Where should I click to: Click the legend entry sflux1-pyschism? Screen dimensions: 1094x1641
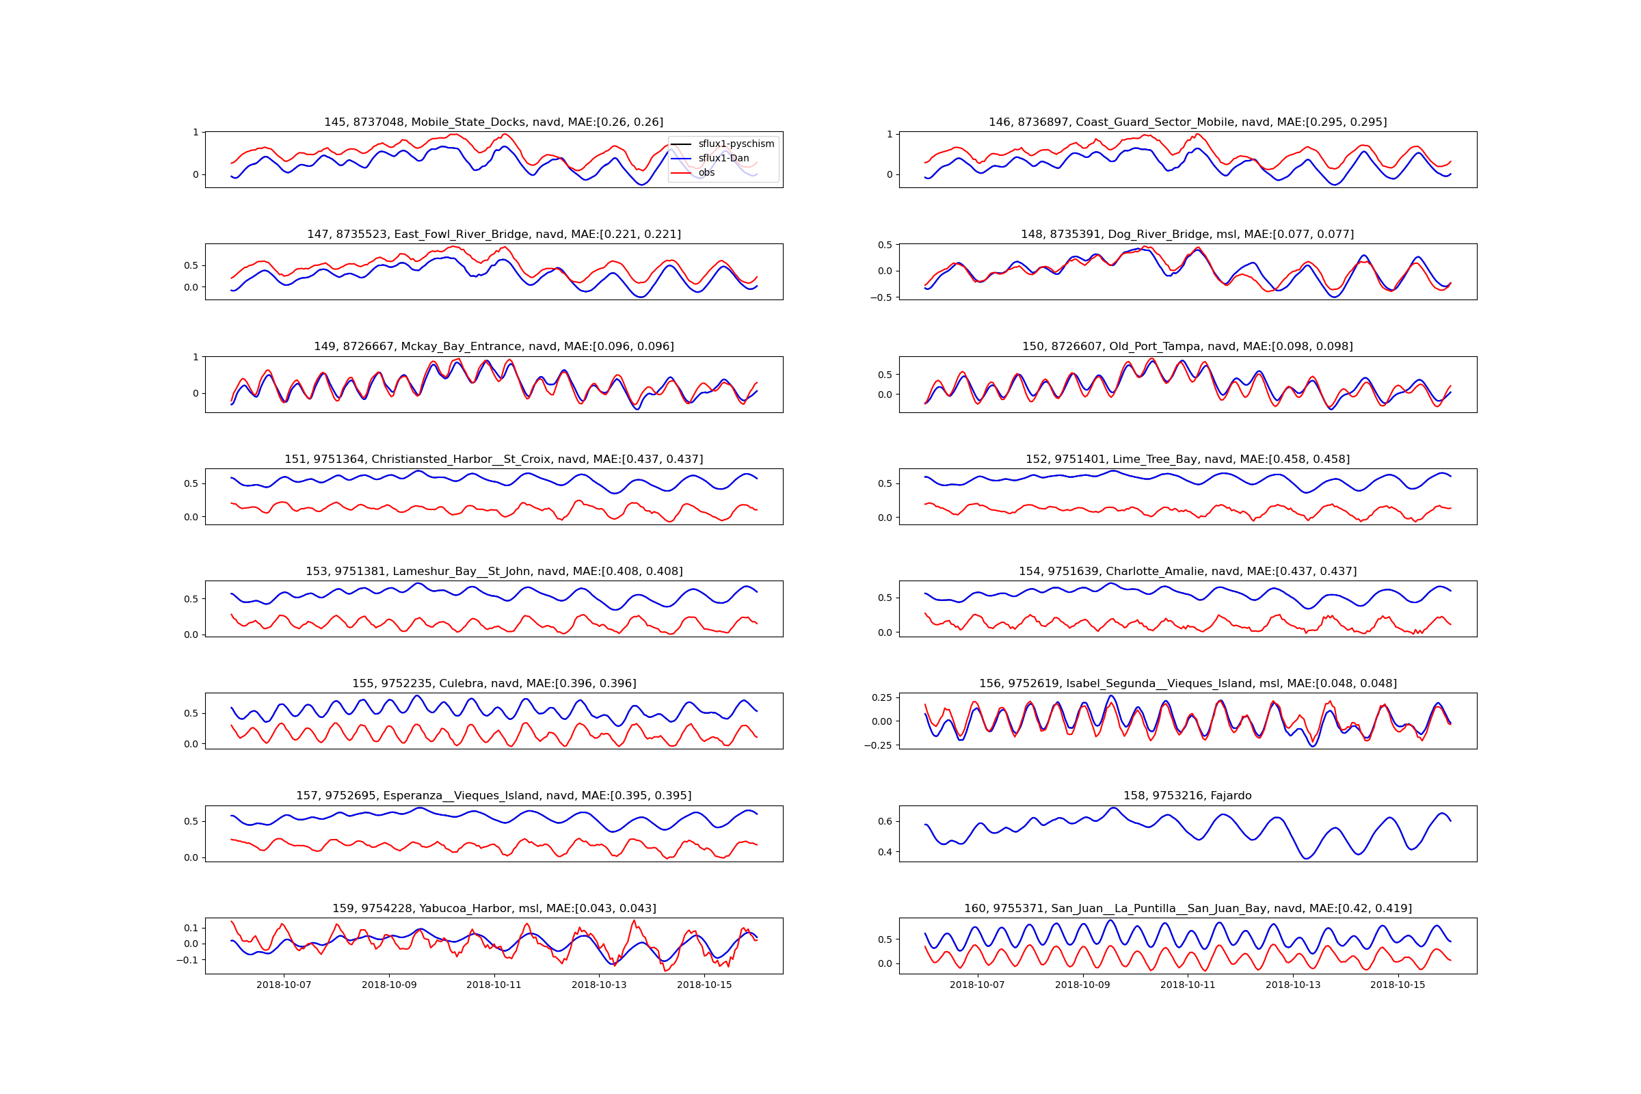pyautogui.click(x=736, y=144)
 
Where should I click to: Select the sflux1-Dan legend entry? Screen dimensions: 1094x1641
pyautogui.click(x=723, y=159)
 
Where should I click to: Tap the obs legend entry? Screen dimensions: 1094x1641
pyautogui.click(x=706, y=172)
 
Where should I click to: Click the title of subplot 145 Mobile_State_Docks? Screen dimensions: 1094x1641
pyautogui.click(x=493, y=122)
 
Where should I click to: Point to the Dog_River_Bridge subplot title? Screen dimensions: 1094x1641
pyautogui.click(x=1187, y=235)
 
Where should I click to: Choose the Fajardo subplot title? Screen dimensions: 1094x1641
pyautogui.click(x=1187, y=795)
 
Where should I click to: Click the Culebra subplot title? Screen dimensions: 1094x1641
pyautogui.click(x=493, y=683)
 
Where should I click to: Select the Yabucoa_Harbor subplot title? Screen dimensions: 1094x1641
pyautogui.click(x=493, y=909)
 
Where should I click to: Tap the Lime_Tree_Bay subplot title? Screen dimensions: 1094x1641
pyautogui.click(x=1187, y=459)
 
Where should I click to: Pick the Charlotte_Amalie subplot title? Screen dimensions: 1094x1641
pyautogui.click(x=1187, y=571)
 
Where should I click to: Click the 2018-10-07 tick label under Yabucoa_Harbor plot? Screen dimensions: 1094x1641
pyautogui.click(x=284, y=985)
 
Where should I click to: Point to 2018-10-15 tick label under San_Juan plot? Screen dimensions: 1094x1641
pyautogui.click(x=1398, y=985)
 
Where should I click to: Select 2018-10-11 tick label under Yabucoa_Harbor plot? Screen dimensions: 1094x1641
pyautogui.click(x=494, y=985)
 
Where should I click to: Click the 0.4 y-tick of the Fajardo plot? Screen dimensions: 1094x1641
pyautogui.click(x=884, y=852)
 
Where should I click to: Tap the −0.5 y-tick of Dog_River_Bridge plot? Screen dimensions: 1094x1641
pyautogui.click(x=881, y=297)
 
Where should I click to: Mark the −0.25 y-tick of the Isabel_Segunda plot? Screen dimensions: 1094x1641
pyautogui.click(x=878, y=745)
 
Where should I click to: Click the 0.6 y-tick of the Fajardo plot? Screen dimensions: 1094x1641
pyautogui.click(x=884, y=821)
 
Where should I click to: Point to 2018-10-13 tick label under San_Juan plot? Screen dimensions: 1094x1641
pyautogui.click(x=1293, y=985)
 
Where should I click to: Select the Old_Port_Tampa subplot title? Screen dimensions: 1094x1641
pyautogui.click(x=1187, y=347)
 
